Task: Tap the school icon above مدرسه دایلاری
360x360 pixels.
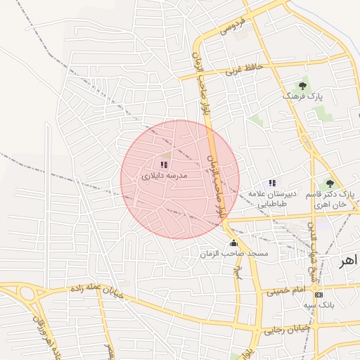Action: click(x=164, y=165)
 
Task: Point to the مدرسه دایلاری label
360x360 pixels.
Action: click(x=164, y=176)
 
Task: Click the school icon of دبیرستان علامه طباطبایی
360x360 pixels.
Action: click(x=272, y=183)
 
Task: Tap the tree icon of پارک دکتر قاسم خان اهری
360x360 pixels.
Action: click(x=330, y=184)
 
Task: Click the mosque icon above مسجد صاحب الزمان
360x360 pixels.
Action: click(x=233, y=243)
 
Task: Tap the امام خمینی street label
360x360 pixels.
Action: click(x=288, y=290)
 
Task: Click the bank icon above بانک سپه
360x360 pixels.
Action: click(x=319, y=294)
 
